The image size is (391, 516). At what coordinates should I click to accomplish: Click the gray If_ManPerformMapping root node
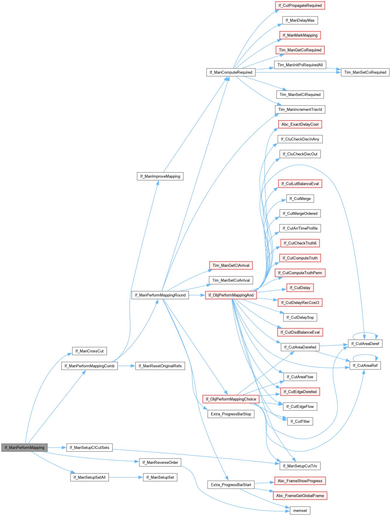24,447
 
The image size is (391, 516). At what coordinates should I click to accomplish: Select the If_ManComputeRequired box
231,72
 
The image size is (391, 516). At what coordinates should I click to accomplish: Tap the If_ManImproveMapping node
160,176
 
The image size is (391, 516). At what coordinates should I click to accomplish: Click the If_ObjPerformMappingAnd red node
231,295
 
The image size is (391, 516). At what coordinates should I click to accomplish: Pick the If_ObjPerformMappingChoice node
231,399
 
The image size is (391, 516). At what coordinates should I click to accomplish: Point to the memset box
300,510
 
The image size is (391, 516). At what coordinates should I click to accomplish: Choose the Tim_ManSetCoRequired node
365,72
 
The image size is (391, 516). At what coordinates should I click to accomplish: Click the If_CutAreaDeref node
365,344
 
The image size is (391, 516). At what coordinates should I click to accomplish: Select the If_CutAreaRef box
365,365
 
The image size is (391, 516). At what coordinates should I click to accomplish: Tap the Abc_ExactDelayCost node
300,124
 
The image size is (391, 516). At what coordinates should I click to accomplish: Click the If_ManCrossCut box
89,351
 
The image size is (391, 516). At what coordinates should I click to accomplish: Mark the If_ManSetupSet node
160,477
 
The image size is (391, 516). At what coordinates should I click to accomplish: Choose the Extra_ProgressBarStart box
231,485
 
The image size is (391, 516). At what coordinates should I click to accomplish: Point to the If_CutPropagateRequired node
300,6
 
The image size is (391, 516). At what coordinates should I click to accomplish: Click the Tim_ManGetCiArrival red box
231,265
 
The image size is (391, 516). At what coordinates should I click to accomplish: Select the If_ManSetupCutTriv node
300,466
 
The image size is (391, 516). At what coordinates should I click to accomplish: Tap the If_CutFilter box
300,421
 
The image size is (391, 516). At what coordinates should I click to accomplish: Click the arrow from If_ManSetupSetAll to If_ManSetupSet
126,477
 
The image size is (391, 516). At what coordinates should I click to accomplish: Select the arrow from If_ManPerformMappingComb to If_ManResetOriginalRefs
126,366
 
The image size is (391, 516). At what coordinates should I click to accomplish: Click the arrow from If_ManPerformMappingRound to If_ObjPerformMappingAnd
197,295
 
